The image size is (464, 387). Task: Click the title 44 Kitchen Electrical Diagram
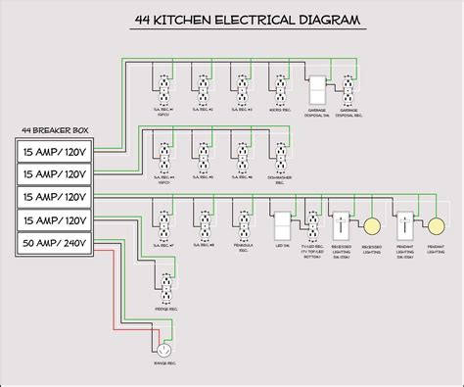point(232,20)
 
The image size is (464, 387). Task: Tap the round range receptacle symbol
point(163,350)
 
